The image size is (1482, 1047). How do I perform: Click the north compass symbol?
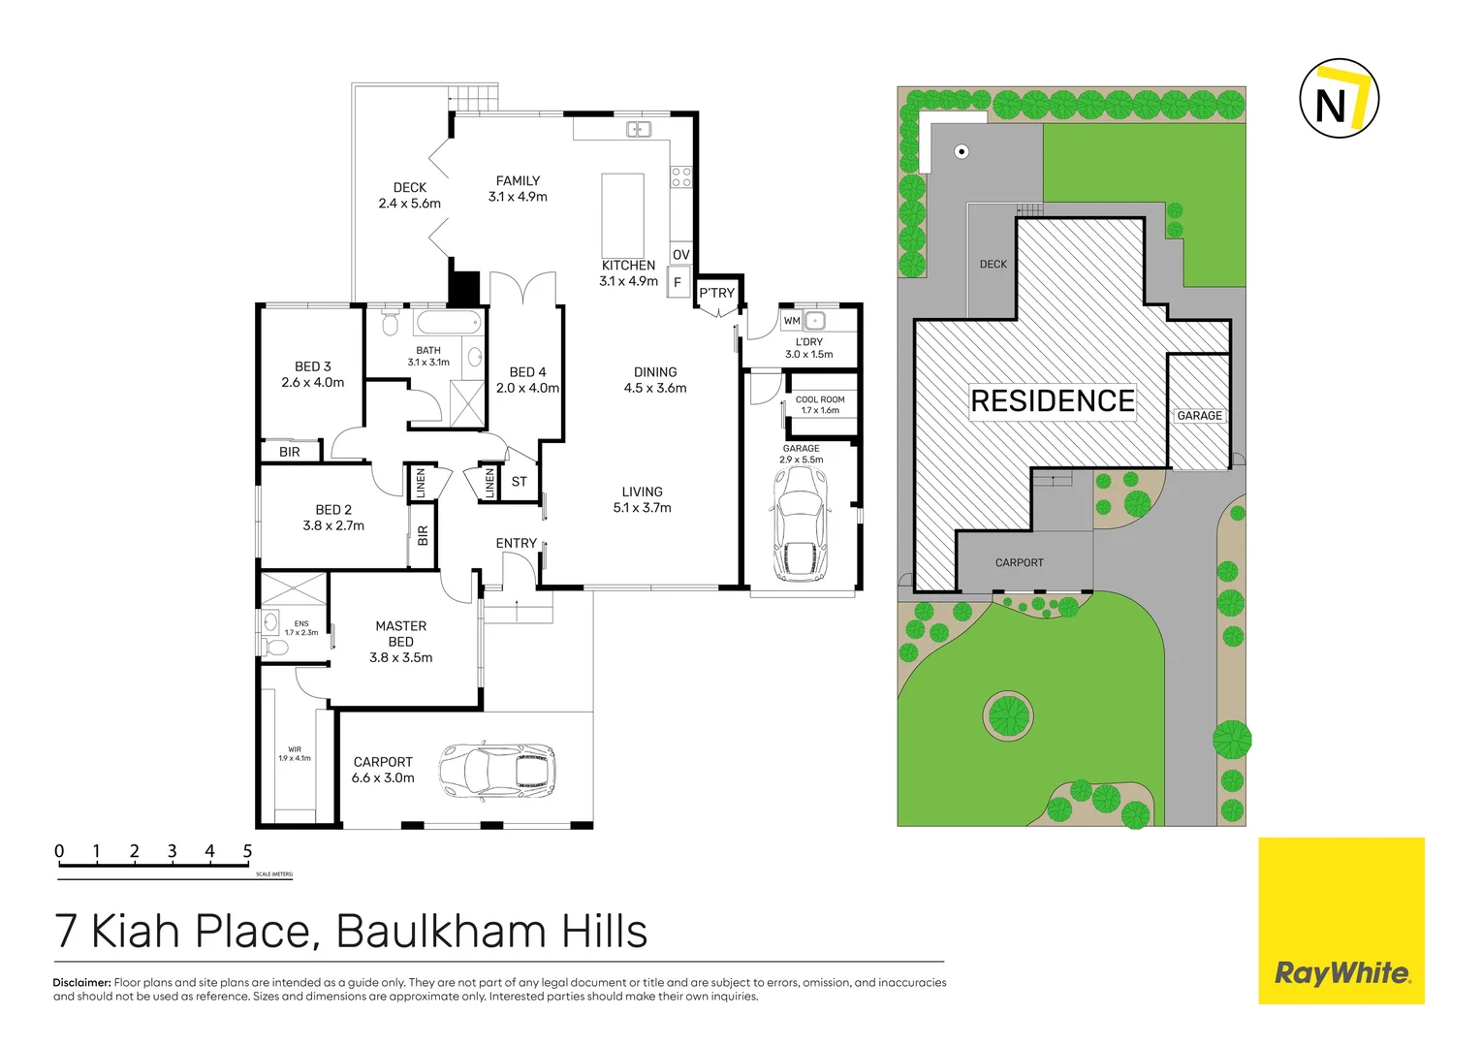point(1338,99)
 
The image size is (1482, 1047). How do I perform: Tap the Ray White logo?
point(1341,972)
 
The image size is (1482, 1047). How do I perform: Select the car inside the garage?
point(801,523)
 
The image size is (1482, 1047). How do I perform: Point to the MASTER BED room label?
point(401,641)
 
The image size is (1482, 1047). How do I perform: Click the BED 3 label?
point(312,374)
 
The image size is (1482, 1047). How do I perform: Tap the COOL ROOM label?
point(820,404)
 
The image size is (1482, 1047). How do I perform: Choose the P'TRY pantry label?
point(717,293)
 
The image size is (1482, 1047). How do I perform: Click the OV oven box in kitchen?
point(681,255)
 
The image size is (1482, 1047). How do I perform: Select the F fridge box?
point(678,282)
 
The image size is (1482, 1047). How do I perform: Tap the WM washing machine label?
point(792,321)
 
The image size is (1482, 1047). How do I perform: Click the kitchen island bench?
point(622,214)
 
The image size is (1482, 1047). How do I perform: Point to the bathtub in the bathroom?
point(448,322)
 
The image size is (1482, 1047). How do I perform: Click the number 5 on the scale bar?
point(247,851)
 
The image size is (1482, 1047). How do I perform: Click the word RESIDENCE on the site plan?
point(1053,401)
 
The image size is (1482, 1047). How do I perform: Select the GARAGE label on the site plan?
point(1199,416)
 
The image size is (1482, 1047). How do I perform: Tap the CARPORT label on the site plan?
point(1019,562)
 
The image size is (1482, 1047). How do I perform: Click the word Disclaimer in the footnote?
point(81,982)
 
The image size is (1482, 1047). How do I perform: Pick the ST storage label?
point(520,482)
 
